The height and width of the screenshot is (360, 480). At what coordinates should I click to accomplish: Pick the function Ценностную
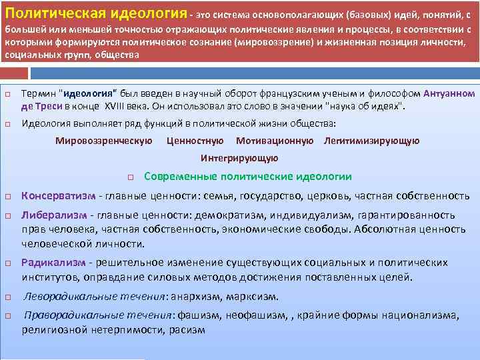click(x=195, y=141)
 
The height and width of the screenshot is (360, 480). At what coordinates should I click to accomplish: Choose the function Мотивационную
click(x=275, y=141)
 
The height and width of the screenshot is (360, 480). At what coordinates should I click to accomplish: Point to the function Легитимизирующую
click(x=371, y=141)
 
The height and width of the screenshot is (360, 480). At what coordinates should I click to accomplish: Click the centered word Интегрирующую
click(x=239, y=159)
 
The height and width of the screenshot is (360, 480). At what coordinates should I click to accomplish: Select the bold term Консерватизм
click(x=58, y=196)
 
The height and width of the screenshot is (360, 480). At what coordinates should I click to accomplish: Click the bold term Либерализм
click(x=53, y=216)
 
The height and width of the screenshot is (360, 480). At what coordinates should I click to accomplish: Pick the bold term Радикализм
click(x=53, y=263)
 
